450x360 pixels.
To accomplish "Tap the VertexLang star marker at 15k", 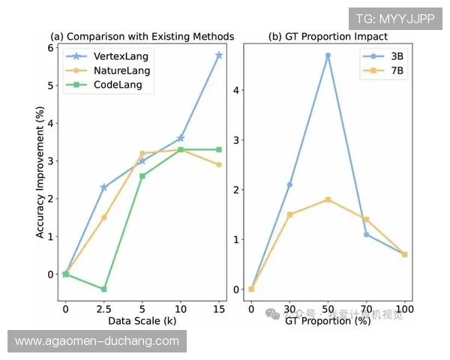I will [x=218, y=55].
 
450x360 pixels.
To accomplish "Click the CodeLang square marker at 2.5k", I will [x=103, y=289].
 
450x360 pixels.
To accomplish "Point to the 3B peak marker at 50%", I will [x=328, y=55].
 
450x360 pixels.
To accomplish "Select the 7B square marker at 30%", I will [x=289, y=214].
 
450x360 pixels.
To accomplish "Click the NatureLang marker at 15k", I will [x=218, y=164].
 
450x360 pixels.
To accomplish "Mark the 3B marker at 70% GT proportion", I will [x=366, y=234].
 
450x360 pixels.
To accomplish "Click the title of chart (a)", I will [x=142, y=36].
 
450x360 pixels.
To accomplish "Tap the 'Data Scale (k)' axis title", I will [x=142, y=320].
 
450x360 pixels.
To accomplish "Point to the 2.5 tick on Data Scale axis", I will [x=103, y=307].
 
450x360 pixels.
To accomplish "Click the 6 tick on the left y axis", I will [x=50, y=47].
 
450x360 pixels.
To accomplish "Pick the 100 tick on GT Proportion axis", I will [x=404, y=307].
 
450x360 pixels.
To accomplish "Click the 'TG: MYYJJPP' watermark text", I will [x=394, y=19].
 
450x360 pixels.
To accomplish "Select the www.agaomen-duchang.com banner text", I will [x=97, y=341].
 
